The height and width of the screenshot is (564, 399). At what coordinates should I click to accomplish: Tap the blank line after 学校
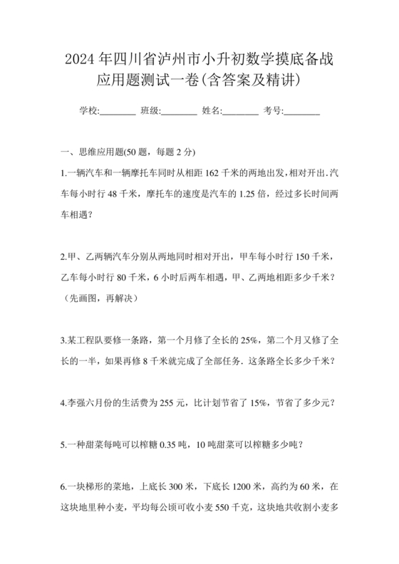[x=118, y=112]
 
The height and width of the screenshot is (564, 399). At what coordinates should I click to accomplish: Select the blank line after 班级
[x=180, y=112]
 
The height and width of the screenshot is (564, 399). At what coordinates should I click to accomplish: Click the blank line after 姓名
[x=241, y=112]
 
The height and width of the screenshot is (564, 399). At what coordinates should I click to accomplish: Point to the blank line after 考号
[x=302, y=112]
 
